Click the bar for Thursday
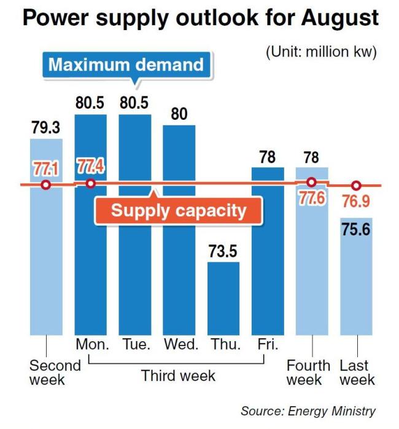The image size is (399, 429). pyautogui.click(x=223, y=299)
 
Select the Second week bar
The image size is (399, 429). pyautogui.click(x=46, y=237)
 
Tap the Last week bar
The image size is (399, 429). pyautogui.click(x=356, y=277)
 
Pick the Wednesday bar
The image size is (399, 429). pyautogui.click(x=179, y=230)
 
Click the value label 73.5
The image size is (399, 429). pyautogui.click(x=223, y=251)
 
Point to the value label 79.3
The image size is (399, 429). pyautogui.click(x=46, y=127)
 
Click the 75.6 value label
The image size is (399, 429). pyautogui.click(x=356, y=229)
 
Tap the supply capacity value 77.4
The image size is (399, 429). pyautogui.click(x=90, y=166)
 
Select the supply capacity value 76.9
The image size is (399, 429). pyautogui.click(x=356, y=202)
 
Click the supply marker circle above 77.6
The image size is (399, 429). pyautogui.click(x=312, y=182)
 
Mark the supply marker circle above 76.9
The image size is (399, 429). pyautogui.click(x=356, y=186)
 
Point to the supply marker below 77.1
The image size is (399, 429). pyautogui.click(x=46, y=185)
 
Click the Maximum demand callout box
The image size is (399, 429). pyautogui.click(x=126, y=65)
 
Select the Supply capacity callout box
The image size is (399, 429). pyautogui.click(x=179, y=211)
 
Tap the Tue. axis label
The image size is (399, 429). pyautogui.click(x=136, y=344)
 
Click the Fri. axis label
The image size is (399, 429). pyautogui.click(x=268, y=344)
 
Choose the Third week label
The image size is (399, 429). pyautogui.click(x=179, y=376)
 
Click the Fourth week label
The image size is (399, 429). pyautogui.click(x=308, y=372)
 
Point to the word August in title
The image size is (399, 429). pyautogui.click(x=339, y=18)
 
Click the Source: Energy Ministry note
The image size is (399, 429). pyautogui.click(x=308, y=411)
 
